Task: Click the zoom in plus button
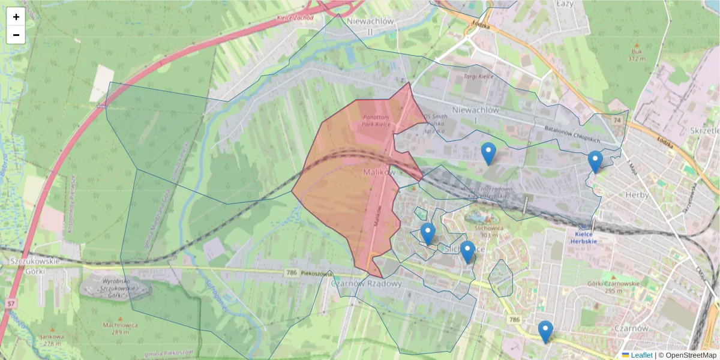(16, 17)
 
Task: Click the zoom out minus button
(16, 35)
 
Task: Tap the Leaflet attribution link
(641, 355)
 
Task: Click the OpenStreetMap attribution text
(691, 355)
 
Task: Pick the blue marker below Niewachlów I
(489, 154)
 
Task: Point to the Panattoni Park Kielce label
(376, 121)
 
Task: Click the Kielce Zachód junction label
(295, 18)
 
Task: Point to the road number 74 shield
(616, 121)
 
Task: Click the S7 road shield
(11, 304)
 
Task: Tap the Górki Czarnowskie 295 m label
(605, 287)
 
